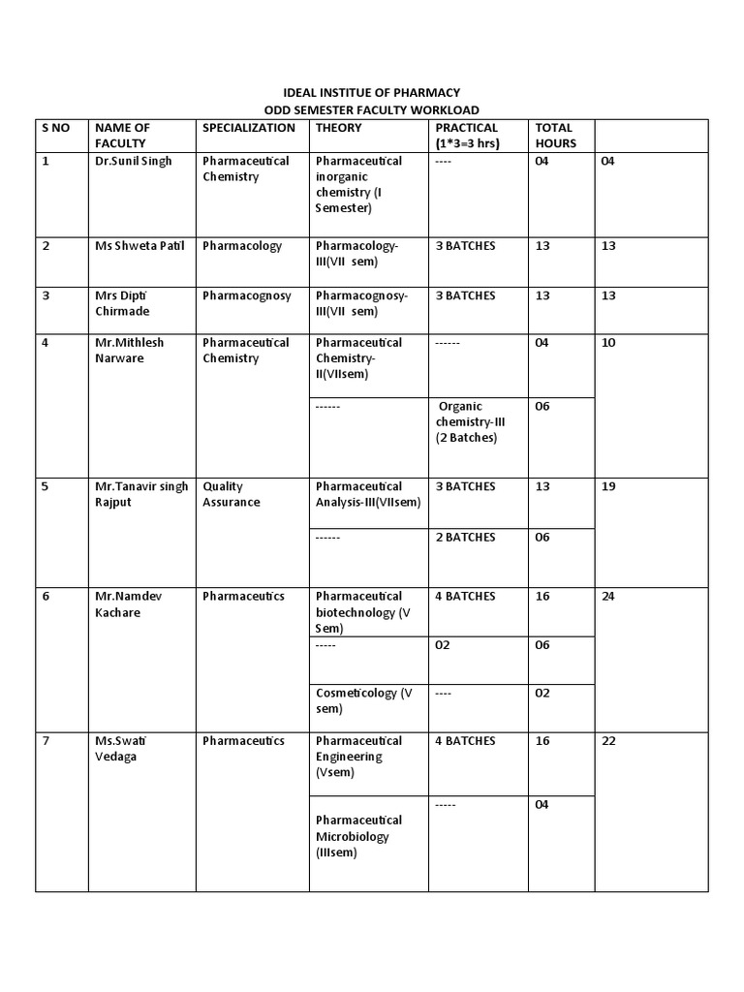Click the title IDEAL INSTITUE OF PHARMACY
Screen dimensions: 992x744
click(371, 92)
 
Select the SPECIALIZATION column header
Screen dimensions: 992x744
click(249, 128)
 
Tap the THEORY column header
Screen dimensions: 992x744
click(339, 128)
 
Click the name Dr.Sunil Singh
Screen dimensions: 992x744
click(134, 161)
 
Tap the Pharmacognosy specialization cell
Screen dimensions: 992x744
click(247, 295)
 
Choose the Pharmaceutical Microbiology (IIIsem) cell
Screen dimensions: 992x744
click(358, 837)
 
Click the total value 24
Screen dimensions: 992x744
click(608, 597)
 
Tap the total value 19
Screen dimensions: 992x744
click(608, 487)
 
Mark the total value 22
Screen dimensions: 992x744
click(608, 741)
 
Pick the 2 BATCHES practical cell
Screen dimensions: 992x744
click(465, 538)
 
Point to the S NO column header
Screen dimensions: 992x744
click(56, 128)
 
